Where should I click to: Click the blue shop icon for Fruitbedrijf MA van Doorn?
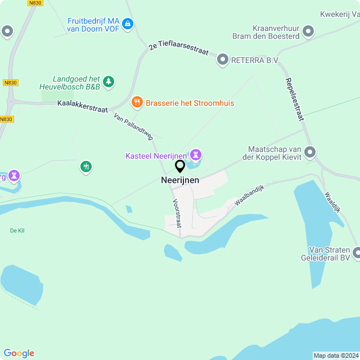click(x=128, y=24)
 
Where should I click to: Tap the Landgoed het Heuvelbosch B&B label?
click(x=76, y=83)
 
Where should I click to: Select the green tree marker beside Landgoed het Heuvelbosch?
click(x=109, y=82)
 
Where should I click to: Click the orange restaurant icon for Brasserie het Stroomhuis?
click(x=137, y=102)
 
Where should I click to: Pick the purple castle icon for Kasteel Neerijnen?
click(x=195, y=154)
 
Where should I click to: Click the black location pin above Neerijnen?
click(x=180, y=166)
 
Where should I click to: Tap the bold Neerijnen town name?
click(x=179, y=181)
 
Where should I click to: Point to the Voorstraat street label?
click(x=177, y=214)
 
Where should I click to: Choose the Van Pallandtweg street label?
click(x=133, y=125)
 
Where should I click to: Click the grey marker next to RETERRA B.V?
click(x=223, y=60)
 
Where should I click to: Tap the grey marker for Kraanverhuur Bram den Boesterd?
click(x=308, y=31)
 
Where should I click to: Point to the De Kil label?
click(x=17, y=231)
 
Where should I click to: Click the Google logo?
click(x=19, y=353)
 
